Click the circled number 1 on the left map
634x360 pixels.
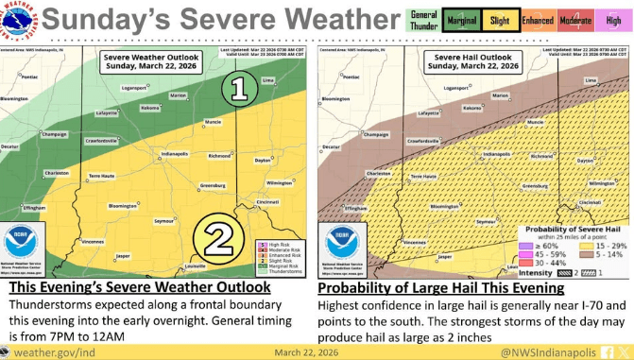pos(241,89)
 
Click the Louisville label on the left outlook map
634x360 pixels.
pos(196,266)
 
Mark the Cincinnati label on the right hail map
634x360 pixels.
pos(591,202)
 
